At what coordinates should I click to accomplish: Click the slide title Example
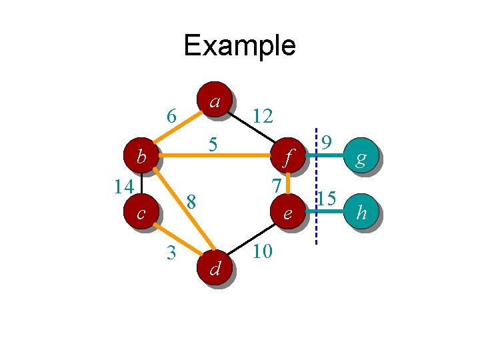[x=239, y=45]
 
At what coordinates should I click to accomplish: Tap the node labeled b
[x=141, y=157]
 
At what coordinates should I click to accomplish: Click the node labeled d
[x=215, y=268]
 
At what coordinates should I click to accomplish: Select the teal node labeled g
[x=361, y=157]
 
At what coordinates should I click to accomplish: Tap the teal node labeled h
[x=361, y=213]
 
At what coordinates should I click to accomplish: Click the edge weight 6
[x=171, y=117]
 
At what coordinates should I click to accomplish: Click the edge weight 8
[x=191, y=201]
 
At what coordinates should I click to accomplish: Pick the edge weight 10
[x=262, y=252]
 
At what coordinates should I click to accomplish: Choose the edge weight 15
[x=327, y=198]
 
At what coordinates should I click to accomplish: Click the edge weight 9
[x=327, y=142]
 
